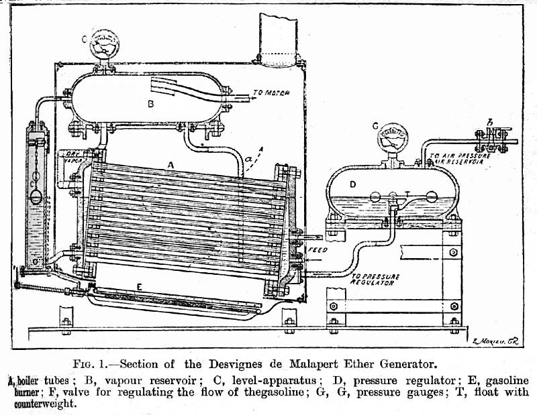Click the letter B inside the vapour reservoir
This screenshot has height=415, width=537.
point(152,104)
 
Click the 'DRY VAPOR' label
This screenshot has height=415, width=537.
point(70,159)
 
